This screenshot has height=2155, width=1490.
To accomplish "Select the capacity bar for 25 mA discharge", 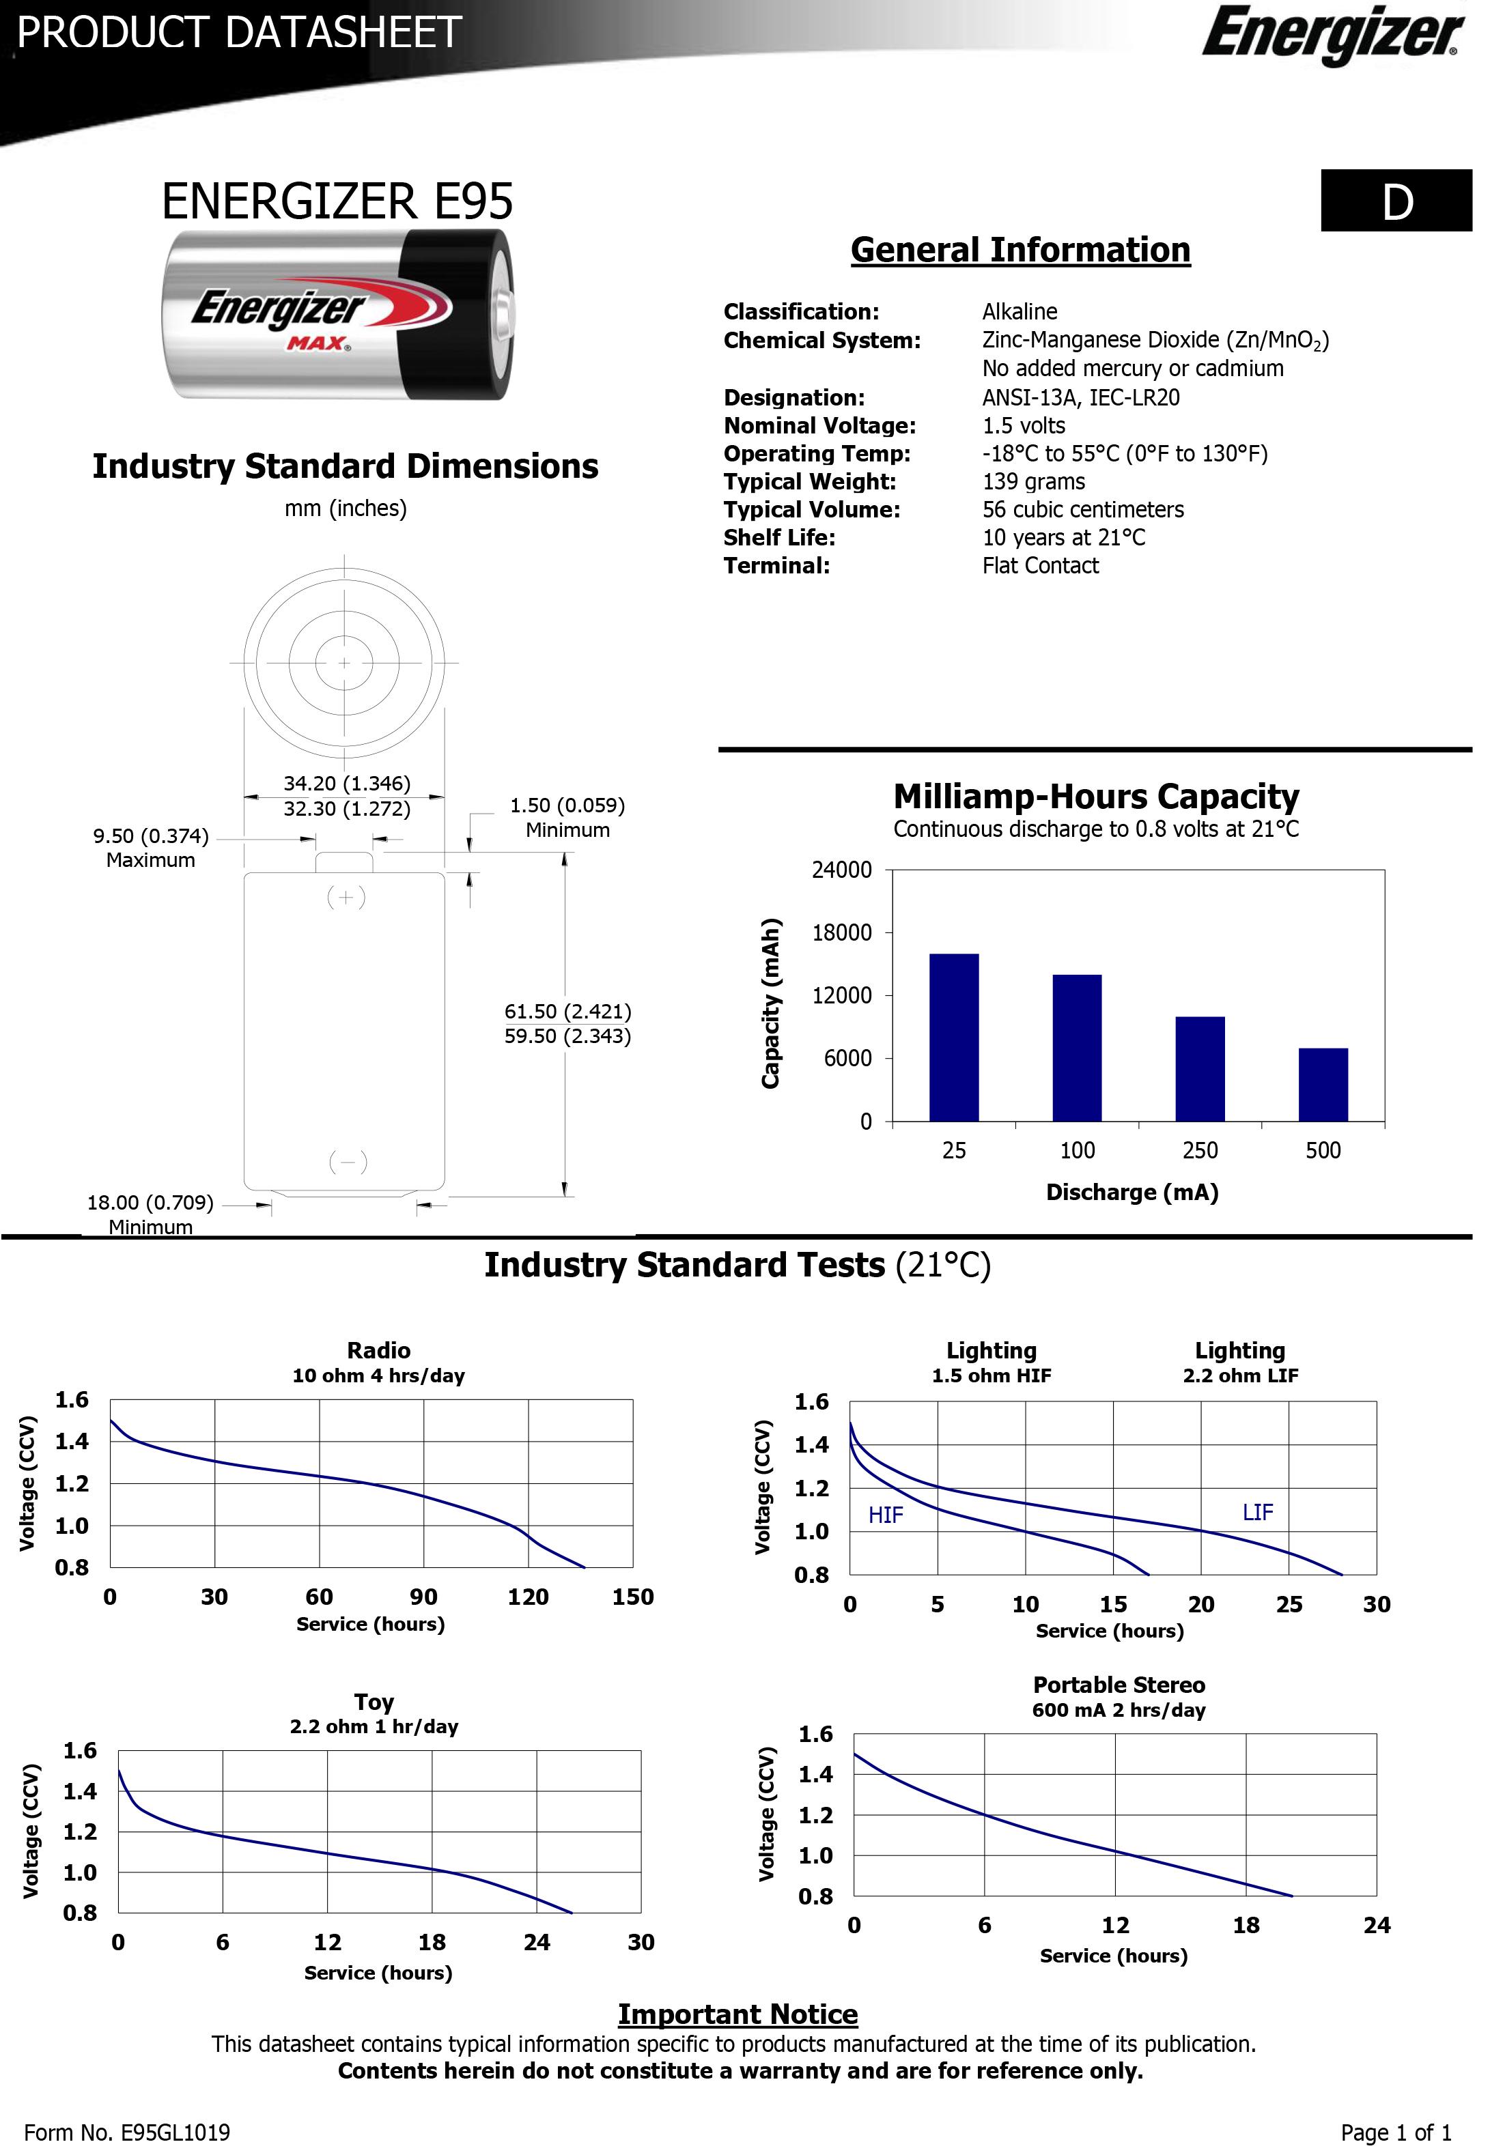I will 954,1037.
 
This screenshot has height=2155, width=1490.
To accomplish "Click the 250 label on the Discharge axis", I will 1200,1151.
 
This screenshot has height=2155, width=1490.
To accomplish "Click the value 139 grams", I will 1033,482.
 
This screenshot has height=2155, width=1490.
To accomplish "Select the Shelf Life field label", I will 778,538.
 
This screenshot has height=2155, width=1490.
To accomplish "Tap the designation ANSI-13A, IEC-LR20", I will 1080,397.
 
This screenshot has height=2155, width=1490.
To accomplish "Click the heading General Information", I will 1020,250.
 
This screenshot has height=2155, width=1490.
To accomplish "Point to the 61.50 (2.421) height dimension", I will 567,1012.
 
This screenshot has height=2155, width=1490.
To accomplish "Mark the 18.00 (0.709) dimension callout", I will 150,1203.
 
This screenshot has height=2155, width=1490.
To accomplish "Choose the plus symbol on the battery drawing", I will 346,898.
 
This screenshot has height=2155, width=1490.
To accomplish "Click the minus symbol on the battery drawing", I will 348,1162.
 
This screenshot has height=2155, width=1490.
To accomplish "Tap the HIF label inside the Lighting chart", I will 885,1515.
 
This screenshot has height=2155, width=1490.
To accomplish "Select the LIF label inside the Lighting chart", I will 1258,1513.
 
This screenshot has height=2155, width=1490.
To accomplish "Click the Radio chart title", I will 378,1350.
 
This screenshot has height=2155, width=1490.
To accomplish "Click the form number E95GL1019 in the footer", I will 127,2132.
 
